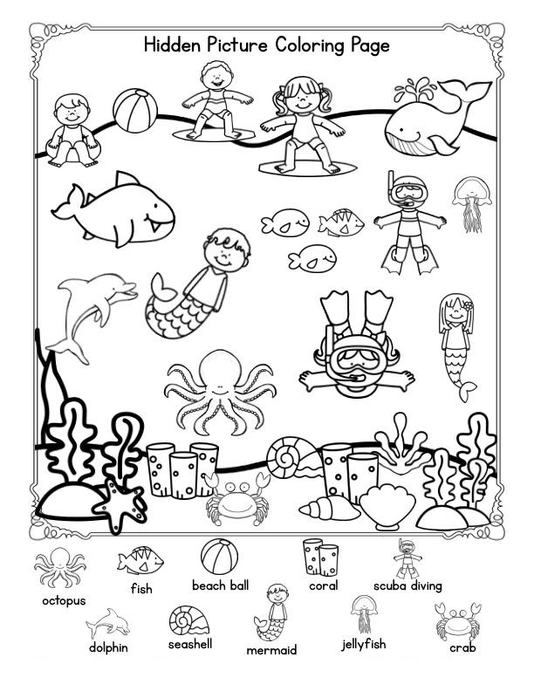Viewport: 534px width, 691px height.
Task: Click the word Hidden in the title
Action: (x=172, y=44)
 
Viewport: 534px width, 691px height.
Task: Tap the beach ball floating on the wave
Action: (x=135, y=111)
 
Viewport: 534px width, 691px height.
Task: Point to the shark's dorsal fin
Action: (x=126, y=179)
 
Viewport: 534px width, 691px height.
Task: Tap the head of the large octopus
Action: (x=220, y=370)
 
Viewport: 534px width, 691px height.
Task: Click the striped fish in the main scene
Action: (x=340, y=222)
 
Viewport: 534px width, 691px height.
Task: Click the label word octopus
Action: (x=64, y=600)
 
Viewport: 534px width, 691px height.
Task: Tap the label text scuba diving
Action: (x=407, y=586)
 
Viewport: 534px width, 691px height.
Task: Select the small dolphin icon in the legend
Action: (x=108, y=623)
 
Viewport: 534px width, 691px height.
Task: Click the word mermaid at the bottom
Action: (x=271, y=650)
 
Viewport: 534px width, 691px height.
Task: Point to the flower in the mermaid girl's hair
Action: (x=468, y=304)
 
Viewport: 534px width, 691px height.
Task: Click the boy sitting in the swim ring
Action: (x=72, y=131)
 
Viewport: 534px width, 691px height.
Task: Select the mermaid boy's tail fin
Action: (x=162, y=287)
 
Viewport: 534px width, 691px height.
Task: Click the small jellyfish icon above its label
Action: (x=364, y=613)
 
